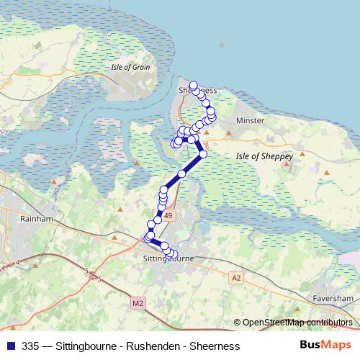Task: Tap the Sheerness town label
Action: (197, 90)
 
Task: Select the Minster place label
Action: (250, 120)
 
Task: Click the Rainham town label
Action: (34, 218)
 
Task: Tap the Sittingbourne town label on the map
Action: (168, 257)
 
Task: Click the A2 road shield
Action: (236, 276)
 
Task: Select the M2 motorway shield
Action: (138, 303)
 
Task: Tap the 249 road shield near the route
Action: (168, 215)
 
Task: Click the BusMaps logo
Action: (324, 346)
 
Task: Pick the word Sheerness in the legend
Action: (214, 346)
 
